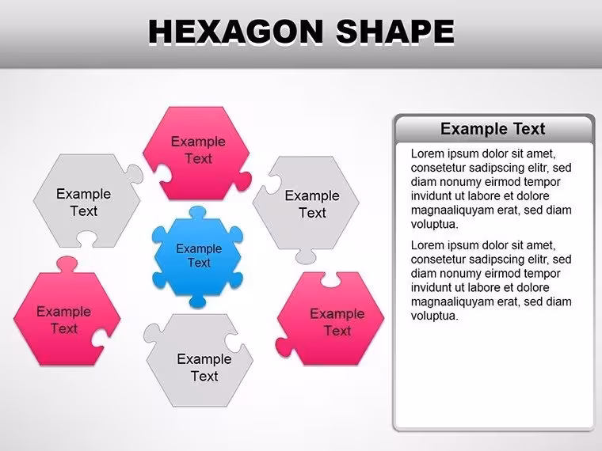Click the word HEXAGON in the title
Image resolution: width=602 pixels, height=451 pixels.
pyautogui.click(x=236, y=32)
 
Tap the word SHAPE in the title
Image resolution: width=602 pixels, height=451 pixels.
pyautogui.click(x=395, y=32)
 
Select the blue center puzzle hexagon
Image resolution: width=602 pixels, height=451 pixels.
pyautogui.click(x=198, y=257)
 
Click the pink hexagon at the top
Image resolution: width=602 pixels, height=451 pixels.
pyautogui.click(x=196, y=153)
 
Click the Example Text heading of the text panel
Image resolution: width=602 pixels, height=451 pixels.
pyautogui.click(x=493, y=129)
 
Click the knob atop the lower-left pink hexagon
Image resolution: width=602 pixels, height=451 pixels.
pyautogui.click(x=67, y=264)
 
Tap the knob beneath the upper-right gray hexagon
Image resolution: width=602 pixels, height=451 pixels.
pyautogui.click(x=306, y=256)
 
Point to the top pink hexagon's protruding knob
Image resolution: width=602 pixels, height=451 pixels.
pyautogui.click(x=244, y=181)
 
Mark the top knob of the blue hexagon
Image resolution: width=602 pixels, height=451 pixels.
pyautogui.click(x=198, y=213)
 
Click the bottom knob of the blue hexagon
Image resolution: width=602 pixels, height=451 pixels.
pyautogui.click(x=198, y=301)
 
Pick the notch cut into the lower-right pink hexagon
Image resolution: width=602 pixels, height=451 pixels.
pyautogui.click(x=330, y=280)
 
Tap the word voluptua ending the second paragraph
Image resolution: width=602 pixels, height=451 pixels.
pyautogui.click(x=435, y=316)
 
